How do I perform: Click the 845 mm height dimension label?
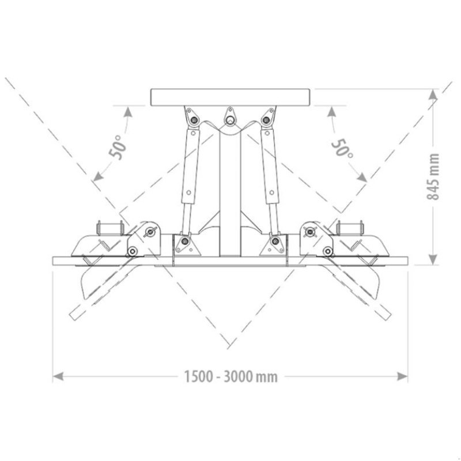(x=433, y=177)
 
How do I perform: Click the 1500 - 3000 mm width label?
(x=231, y=377)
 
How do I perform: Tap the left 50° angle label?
(x=118, y=147)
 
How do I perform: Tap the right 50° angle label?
(x=342, y=147)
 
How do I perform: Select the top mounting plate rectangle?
(x=230, y=97)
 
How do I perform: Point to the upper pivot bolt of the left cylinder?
(x=194, y=120)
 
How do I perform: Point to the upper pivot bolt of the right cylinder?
(x=266, y=120)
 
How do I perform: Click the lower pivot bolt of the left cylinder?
(x=185, y=241)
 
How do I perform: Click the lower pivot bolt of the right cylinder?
(x=275, y=241)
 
